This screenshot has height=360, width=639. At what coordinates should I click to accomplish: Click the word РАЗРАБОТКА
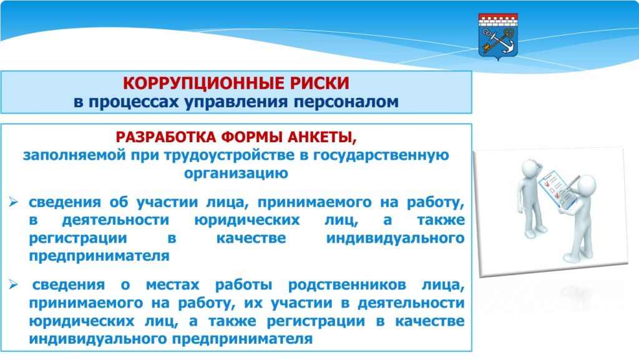166,137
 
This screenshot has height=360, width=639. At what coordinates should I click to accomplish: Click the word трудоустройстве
228,155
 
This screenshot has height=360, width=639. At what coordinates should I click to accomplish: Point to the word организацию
236,173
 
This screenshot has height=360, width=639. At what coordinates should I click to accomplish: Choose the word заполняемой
74,155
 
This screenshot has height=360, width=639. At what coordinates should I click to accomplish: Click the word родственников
347,285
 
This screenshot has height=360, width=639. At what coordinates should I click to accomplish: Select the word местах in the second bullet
172,285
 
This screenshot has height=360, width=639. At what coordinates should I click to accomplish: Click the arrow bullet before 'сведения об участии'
14,202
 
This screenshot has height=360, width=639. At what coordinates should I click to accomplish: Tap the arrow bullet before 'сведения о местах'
14,285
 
